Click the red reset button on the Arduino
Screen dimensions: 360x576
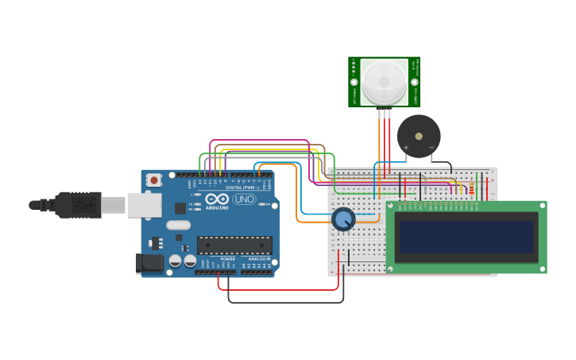point(154,180)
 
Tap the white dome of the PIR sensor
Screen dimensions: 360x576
point(384,80)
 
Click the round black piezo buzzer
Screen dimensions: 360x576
point(419,136)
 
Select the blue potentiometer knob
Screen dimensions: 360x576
point(343,219)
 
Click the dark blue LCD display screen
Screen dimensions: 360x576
point(466,237)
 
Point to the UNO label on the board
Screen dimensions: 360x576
point(244,199)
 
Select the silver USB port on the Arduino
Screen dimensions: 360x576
point(145,205)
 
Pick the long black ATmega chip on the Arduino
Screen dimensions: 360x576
point(234,246)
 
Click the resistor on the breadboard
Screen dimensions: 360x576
point(471,188)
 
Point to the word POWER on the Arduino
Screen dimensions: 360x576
point(228,259)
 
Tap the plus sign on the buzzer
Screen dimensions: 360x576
point(406,147)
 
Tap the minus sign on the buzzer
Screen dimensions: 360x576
point(431,147)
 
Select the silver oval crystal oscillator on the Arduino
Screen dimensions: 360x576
point(178,225)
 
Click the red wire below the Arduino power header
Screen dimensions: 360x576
point(278,289)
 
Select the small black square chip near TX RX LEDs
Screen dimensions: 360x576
point(180,208)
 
